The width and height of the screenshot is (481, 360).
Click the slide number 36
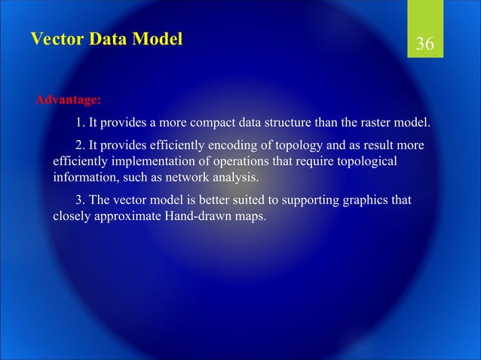[x=424, y=44]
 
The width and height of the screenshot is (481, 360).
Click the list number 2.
[x=79, y=145]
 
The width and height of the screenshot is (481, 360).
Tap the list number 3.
[x=79, y=200]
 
